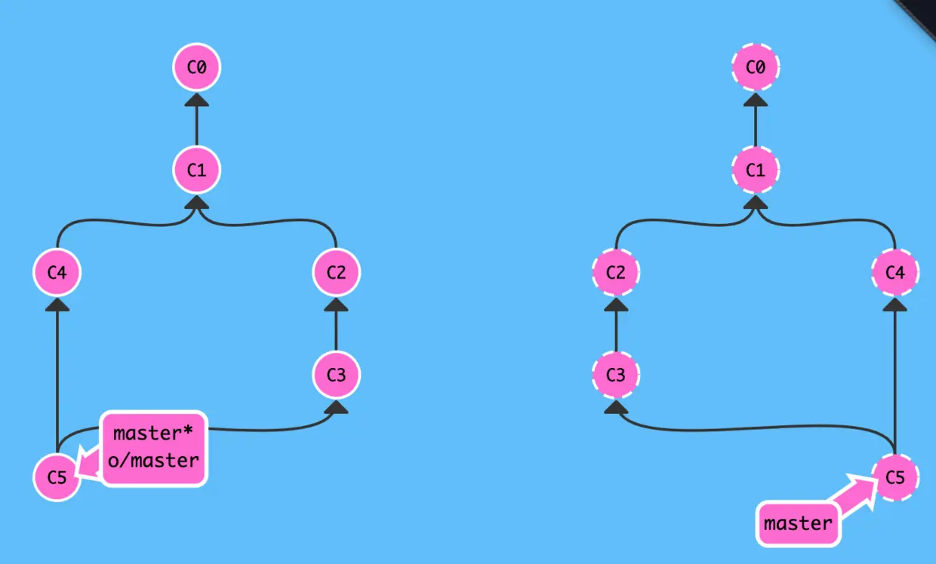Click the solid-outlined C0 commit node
coord(196,67)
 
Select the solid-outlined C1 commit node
coord(196,170)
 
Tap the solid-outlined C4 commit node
coord(57,272)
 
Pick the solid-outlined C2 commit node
coord(337,272)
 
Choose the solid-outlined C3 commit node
coord(337,374)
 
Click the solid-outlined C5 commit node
coord(57,477)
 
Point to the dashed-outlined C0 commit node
coord(756,67)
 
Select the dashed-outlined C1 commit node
coord(756,170)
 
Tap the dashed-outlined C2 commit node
coord(616,272)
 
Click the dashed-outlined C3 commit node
coord(616,374)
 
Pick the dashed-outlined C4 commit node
coord(895,272)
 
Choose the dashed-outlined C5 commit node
coord(895,477)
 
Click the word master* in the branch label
coord(153,434)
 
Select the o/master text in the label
coord(153,459)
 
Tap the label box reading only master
coord(798,523)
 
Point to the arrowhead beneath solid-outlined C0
coord(196,100)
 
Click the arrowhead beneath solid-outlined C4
coord(57,305)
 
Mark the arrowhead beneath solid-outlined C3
coord(337,407)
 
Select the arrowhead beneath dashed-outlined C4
coord(895,305)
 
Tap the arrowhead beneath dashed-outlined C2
coord(616,305)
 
